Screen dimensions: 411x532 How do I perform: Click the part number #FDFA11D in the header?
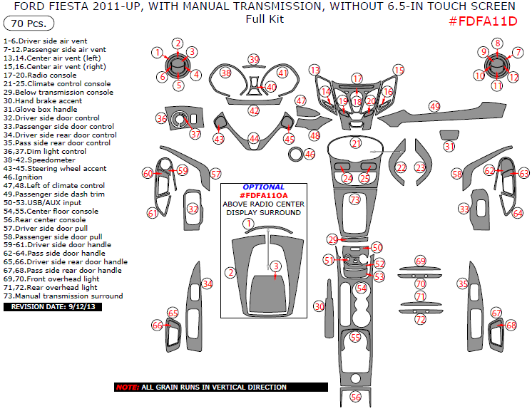tap(483, 21)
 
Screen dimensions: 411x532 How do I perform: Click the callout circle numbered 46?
tap(310, 154)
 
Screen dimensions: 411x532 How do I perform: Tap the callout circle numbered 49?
tap(434, 106)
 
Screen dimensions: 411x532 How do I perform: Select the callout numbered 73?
tap(355, 201)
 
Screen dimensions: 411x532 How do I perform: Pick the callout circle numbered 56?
tap(356, 397)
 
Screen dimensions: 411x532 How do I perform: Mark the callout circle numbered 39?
tap(254, 59)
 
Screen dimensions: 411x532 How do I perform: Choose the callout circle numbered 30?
tap(319, 306)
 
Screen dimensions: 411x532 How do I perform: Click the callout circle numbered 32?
tap(193, 209)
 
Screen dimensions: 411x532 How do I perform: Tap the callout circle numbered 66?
tap(157, 326)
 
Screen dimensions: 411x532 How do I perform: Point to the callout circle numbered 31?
tap(449, 146)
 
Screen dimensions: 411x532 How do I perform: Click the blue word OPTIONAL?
tap(263, 187)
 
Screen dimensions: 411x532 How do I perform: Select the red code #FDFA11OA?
tap(264, 195)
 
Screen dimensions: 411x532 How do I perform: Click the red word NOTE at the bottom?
tap(128, 387)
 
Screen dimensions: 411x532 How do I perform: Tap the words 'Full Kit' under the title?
tap(265, 19)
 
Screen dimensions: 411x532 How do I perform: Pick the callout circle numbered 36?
tap(162, 119)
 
